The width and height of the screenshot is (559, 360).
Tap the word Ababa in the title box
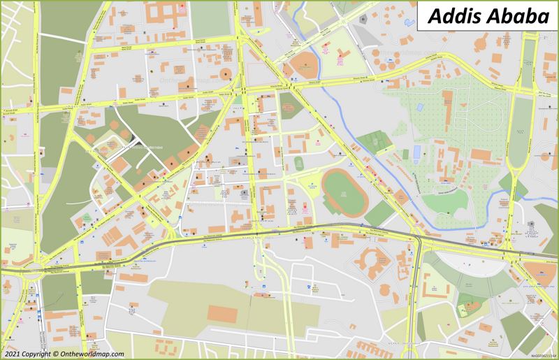click(x=514, y=15)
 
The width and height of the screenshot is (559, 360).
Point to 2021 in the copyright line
click(x=12, y=354)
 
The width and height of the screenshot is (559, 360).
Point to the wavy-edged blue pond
click(x=420, y=109)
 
